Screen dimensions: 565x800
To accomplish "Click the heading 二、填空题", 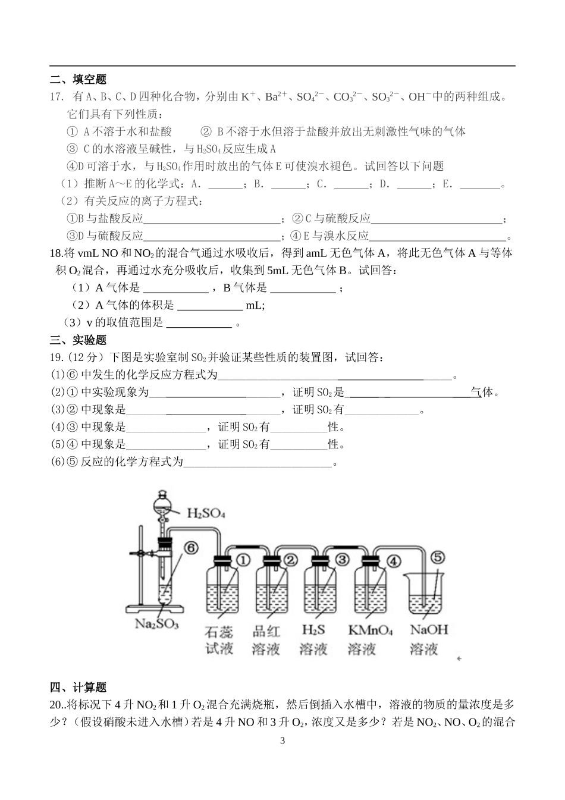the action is (78, 79).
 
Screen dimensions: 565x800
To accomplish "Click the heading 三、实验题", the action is (78, 340).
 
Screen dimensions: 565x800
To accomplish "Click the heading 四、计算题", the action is (78, 688).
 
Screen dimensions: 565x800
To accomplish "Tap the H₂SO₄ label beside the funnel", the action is (206, 513).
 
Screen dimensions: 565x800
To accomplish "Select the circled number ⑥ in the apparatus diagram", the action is (191, 548).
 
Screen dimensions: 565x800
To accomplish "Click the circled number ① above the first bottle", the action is (243, 559).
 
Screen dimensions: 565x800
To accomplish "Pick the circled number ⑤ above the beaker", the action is (437, 557).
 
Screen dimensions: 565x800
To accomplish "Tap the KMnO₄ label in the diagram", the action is (370, 630).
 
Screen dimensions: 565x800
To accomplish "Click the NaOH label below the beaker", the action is (429, 630).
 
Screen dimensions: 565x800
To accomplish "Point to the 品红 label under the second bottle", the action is (266, 630).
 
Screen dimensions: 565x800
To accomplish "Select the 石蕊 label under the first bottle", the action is (219, 630).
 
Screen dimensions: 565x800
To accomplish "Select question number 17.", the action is (57, 96).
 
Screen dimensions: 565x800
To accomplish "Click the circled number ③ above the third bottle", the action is (342, 559).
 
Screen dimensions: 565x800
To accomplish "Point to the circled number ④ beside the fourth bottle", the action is (393, 560).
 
